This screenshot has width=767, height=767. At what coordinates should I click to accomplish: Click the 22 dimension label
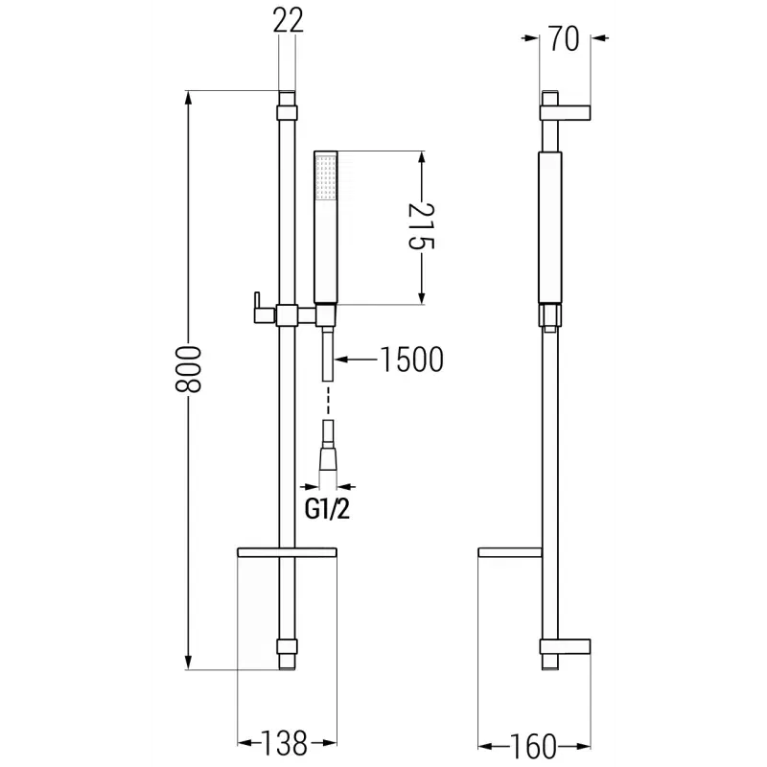[x=289, y=20]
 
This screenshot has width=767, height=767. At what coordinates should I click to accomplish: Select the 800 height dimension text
[x=188, y=369]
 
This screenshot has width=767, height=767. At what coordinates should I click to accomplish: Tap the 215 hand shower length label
[x=421, y=226]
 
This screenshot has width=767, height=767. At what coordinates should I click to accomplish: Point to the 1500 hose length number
[x=411, y=360]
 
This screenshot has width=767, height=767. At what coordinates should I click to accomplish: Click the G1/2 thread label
[x=327, y=509]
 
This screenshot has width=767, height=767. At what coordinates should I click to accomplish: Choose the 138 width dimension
[x=284, y=743]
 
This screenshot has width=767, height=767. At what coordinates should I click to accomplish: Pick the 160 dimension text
[x=533, y=747]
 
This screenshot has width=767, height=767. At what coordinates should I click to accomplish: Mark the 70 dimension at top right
[x=564, y=38]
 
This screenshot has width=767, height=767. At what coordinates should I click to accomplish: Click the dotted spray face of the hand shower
[x=326, y=177]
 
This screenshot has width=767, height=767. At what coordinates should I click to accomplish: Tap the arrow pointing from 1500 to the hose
[x=356, y=360]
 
